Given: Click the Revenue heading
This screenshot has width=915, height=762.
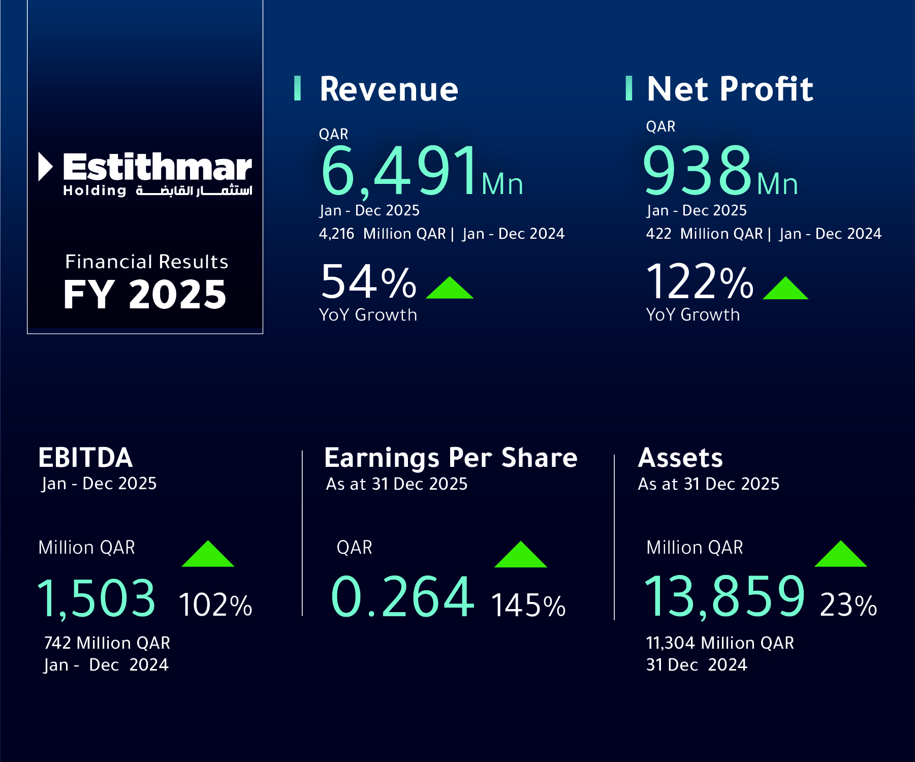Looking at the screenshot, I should [x=389, y=89].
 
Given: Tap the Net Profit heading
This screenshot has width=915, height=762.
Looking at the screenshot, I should [x=730, y=89].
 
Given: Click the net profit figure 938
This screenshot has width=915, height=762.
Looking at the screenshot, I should [x=697, y=171].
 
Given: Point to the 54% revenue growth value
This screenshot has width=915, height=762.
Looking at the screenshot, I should [x=368, y=282].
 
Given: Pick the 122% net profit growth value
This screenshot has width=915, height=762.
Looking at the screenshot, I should [x=700, y=282].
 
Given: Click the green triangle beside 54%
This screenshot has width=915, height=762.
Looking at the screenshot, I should [x=450, y=289].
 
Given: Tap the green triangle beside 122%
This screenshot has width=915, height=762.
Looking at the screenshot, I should [x=785, y=289].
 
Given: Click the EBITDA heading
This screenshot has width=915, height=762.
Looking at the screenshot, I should [x=85, y=458].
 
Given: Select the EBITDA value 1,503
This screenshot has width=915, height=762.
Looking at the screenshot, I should [x=97, y=598].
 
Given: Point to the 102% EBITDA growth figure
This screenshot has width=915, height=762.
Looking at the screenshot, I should [x=215, y=605].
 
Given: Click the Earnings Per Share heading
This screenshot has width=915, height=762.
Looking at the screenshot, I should [x=451, y=458].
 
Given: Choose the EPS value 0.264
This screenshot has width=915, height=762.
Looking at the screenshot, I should [x=402, y=597].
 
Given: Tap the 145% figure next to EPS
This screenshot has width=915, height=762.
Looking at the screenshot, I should [x=528, y=606].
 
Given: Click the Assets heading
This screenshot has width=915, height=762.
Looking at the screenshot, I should [x=680, y=458].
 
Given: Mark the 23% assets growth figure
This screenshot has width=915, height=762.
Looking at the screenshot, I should [x=848, y=605].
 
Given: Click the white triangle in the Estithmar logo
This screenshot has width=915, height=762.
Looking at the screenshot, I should [x=45, y=167].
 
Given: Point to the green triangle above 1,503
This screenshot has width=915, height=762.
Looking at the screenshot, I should [x=208, y=555].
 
